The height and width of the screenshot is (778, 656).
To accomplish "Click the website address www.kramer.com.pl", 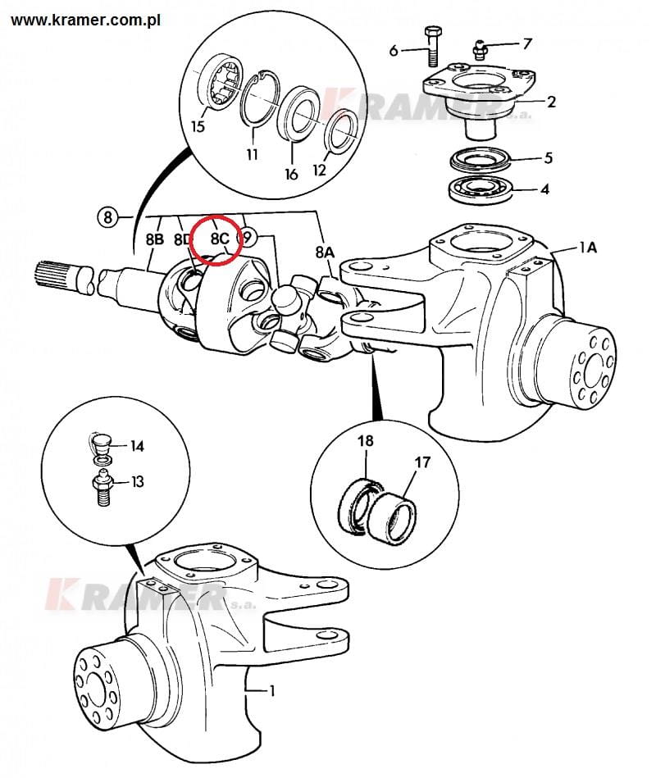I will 80,17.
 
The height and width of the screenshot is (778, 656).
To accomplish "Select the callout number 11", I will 252,154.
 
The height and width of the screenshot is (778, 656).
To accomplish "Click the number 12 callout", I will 319,171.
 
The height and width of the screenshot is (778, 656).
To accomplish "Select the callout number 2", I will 551,102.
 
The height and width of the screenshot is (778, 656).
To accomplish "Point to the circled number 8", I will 107,217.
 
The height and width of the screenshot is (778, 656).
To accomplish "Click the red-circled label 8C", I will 219,239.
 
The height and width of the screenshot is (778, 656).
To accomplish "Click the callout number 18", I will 364,441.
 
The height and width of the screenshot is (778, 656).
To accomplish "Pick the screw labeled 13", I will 100,489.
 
